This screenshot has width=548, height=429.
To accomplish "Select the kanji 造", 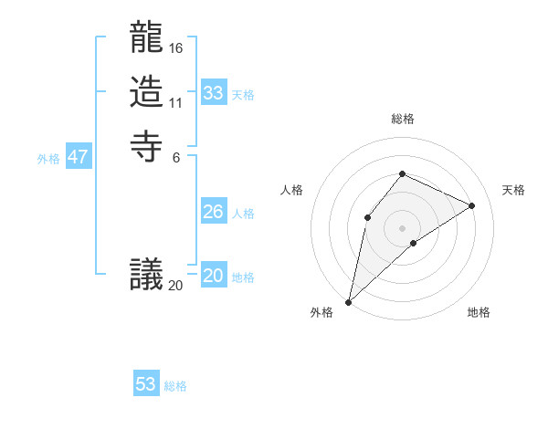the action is [x=146, y=93].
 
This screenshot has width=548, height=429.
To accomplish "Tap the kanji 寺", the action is [x=146, y=146].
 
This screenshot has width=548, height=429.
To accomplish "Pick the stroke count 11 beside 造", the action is [x=175, y=101].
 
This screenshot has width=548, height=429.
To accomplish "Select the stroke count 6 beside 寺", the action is [x=175, y=156].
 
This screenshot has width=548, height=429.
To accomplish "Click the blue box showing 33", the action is [x=214, y=93].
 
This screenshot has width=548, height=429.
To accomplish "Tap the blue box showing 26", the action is [x=214, y=212].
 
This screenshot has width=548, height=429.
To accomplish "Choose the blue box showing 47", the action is [x=79, y=157].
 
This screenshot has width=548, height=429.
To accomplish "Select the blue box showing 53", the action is [x=146, y=384].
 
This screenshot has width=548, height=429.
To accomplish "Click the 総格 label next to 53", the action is [x=175, y=386].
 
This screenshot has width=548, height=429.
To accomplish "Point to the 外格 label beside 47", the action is [x=48, y=159].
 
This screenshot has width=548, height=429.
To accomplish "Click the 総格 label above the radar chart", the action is [x=403, y=119].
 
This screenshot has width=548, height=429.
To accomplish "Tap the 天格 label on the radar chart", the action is [x=513, y=190].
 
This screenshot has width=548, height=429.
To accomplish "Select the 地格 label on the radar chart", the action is [x=479, y=313].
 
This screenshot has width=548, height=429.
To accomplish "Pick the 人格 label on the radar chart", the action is [x=292, y=190].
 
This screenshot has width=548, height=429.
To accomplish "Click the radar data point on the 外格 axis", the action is [x=349, y=302].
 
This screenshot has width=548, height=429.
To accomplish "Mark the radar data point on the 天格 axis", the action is [x=472, y=205].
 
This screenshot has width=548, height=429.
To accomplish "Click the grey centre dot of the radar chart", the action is [x=402, y=227].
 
